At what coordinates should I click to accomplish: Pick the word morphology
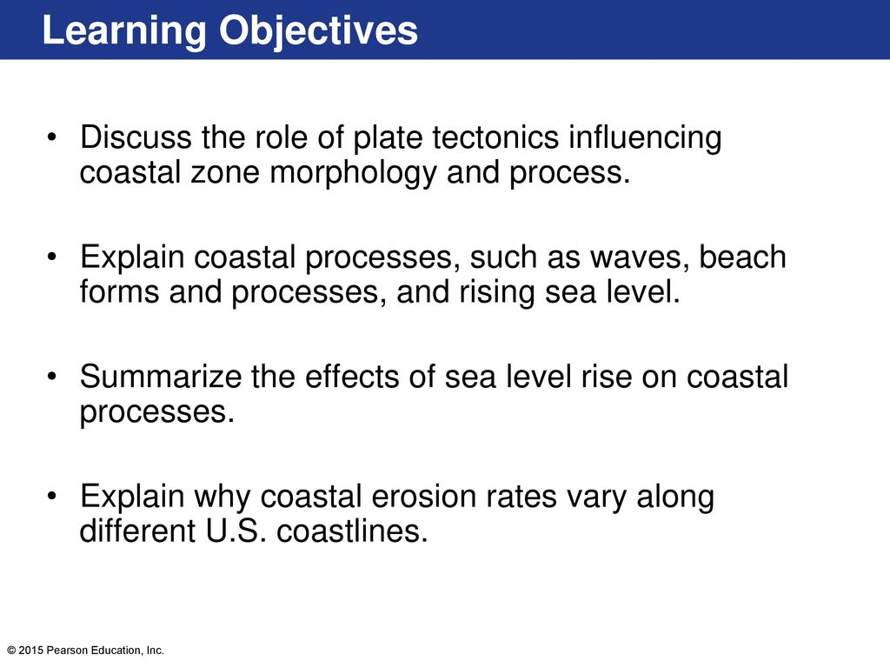353,174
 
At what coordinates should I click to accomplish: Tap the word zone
225,173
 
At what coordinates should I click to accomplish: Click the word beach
742,257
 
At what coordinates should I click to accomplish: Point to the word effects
352,377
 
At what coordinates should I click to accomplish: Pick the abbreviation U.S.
235,531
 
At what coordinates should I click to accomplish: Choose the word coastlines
352,531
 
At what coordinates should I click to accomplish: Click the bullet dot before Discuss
52,138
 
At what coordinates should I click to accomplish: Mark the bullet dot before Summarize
52,377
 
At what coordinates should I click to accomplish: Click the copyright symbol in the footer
11,651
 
